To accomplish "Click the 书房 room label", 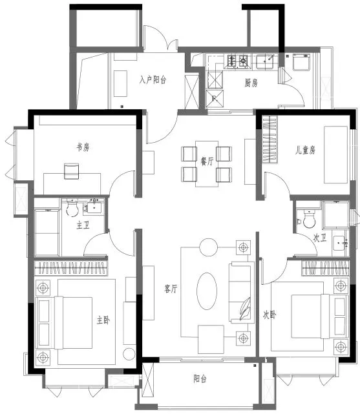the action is click(83, 147).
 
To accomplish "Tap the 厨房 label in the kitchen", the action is click(251, 83).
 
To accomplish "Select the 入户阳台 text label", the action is click(153, 79).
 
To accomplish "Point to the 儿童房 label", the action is click(305, 150).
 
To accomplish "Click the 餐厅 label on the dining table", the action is click(207, 161).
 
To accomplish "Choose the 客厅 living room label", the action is click(171, 289).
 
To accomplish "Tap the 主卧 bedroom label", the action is click(103, 320).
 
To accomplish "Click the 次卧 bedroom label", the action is click(270, 315).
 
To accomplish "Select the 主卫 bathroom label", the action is click(83, 225).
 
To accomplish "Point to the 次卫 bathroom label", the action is click(320, 238).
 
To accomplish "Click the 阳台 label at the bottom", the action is click(200, 379).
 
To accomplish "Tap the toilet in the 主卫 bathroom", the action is click(72, 208).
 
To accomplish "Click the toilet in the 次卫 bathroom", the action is click(309, 219).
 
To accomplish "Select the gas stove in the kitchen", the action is click(237, 61).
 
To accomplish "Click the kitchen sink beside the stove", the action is click(266, 62).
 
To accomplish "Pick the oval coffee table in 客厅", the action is click(207, 291).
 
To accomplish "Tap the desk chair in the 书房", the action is click(72, 171).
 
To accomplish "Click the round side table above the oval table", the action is click(208, 247).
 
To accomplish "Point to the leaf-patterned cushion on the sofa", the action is click(245, 309).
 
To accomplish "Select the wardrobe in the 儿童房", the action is click(270, 140).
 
